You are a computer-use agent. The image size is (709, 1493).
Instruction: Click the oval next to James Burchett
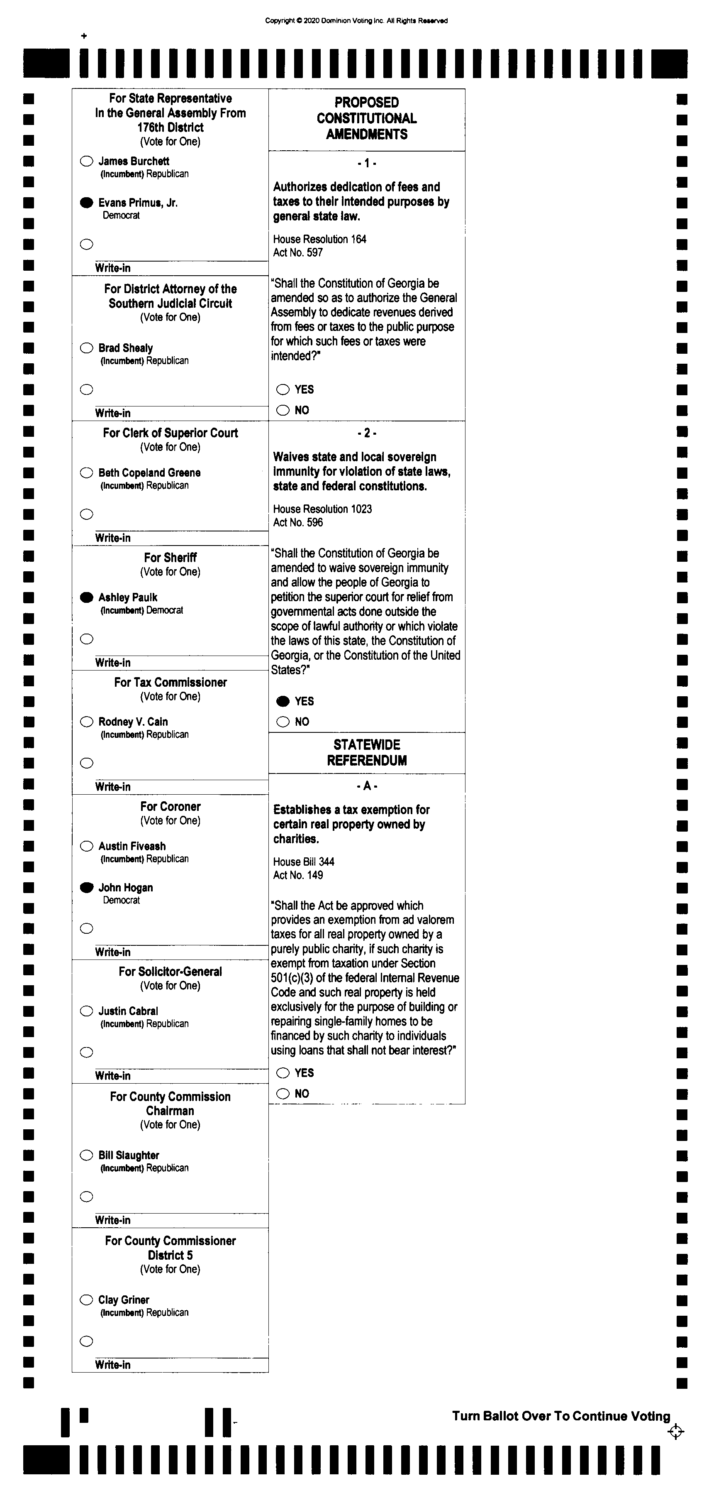coord(86,161)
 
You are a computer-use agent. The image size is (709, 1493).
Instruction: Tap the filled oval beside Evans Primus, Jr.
coord(86,202)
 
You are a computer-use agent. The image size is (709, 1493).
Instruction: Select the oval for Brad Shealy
coord(86,348)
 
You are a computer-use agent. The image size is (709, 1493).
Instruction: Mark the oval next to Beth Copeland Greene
coord(86,472)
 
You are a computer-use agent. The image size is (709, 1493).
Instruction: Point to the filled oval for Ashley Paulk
coord(86,597)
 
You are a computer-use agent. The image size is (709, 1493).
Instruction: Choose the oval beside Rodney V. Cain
coord(86,722)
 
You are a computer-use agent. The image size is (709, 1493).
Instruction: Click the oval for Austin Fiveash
coord(86,846)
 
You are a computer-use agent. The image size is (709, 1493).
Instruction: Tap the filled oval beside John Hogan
coord(86,887)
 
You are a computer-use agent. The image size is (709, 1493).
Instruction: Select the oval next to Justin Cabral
coord(86,1011)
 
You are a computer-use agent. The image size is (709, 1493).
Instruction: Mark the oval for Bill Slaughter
coord(86,1155)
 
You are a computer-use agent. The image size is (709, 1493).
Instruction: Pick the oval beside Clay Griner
coord(86,1300)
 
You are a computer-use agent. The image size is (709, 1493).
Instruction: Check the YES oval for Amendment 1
coord(283,389)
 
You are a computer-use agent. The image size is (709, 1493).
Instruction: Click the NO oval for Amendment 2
coord(283,722)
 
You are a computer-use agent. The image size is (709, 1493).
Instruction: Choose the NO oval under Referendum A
coord(283,1094)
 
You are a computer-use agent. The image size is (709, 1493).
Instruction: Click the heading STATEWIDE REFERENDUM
coord(367,752)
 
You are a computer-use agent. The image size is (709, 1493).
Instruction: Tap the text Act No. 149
coord(298,875)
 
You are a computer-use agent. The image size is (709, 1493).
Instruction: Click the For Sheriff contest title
coord(170,558)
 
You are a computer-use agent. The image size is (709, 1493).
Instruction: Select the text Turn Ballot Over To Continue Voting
coord(561,1416)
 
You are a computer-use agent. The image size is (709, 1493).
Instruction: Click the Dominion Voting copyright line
coord(356,21)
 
